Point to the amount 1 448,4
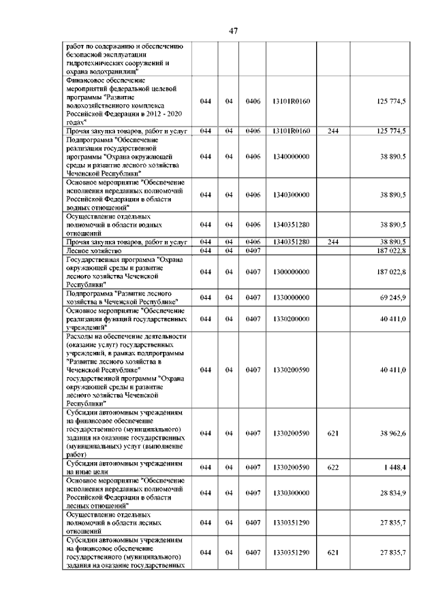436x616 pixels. pos(393,467)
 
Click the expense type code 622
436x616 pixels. pos(333,467)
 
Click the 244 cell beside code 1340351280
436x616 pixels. pos(333,242)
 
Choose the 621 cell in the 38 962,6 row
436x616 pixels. pos(333,433)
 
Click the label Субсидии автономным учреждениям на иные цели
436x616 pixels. pos(123,467)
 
